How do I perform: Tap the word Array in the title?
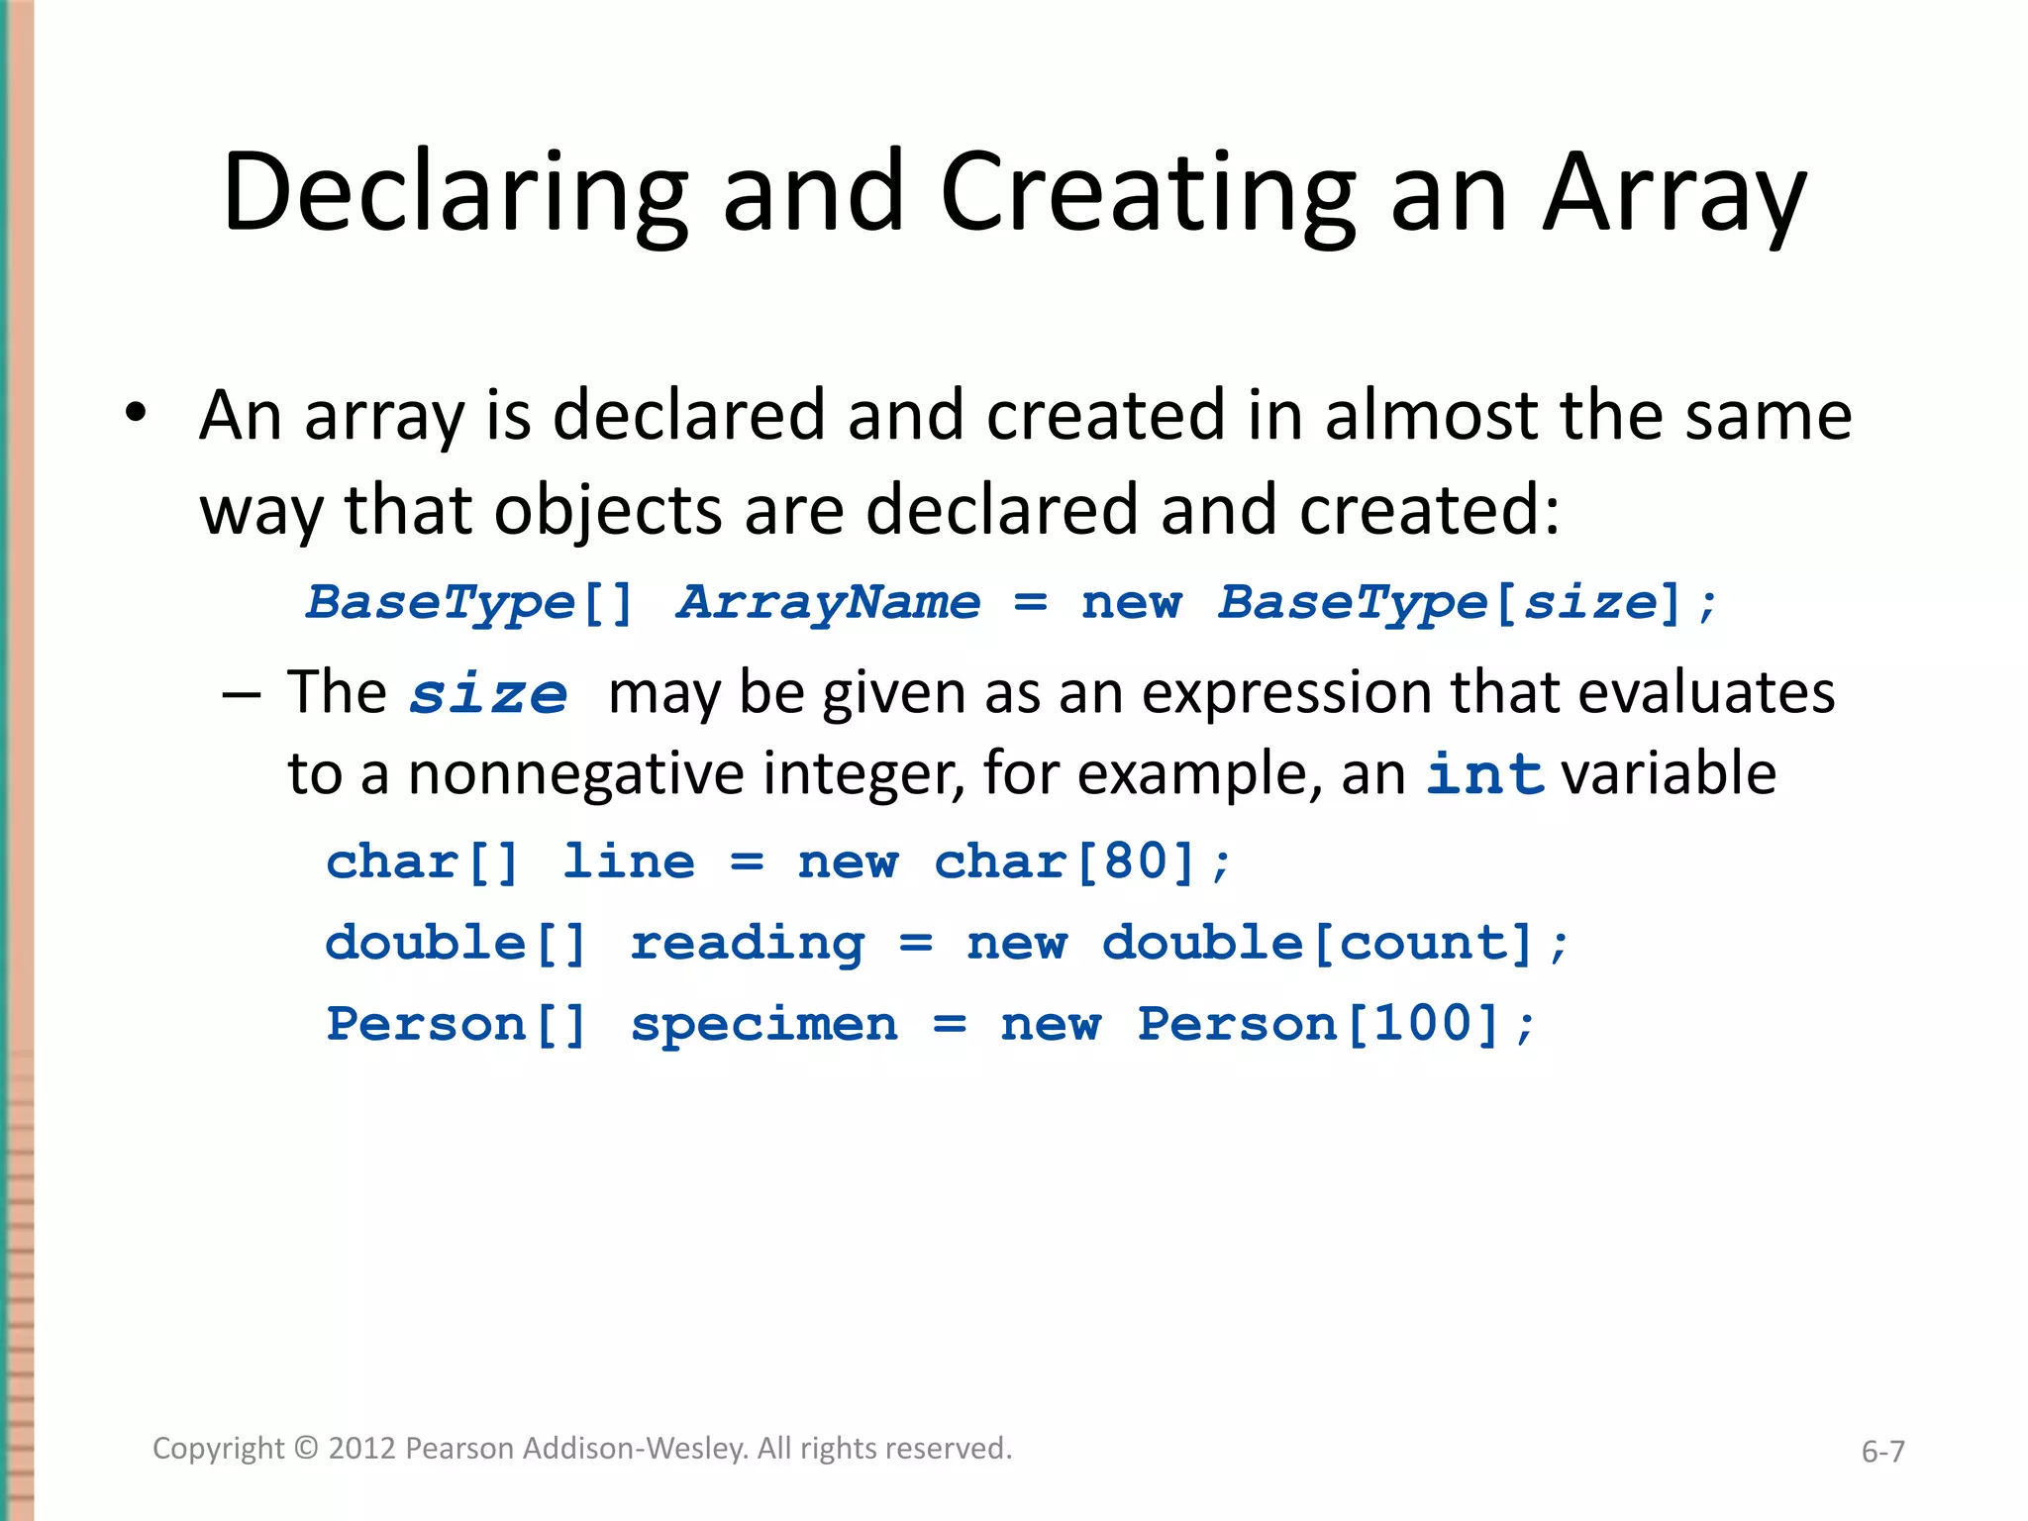[x=1675, y=193]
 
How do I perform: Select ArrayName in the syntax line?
[x=828, y=602]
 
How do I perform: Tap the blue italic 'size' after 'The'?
[x=489, y=693]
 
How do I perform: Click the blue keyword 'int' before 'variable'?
[x=1485, y=773]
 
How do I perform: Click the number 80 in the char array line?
[x=1135, y=862]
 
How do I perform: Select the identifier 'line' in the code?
[x=629, y=862]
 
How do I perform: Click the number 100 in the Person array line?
[x=1423, y=1023]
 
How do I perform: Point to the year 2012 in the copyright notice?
[x=362, y=1449]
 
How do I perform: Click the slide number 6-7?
[x=1882, y=1452]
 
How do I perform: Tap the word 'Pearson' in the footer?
[x=460, y=1449]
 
